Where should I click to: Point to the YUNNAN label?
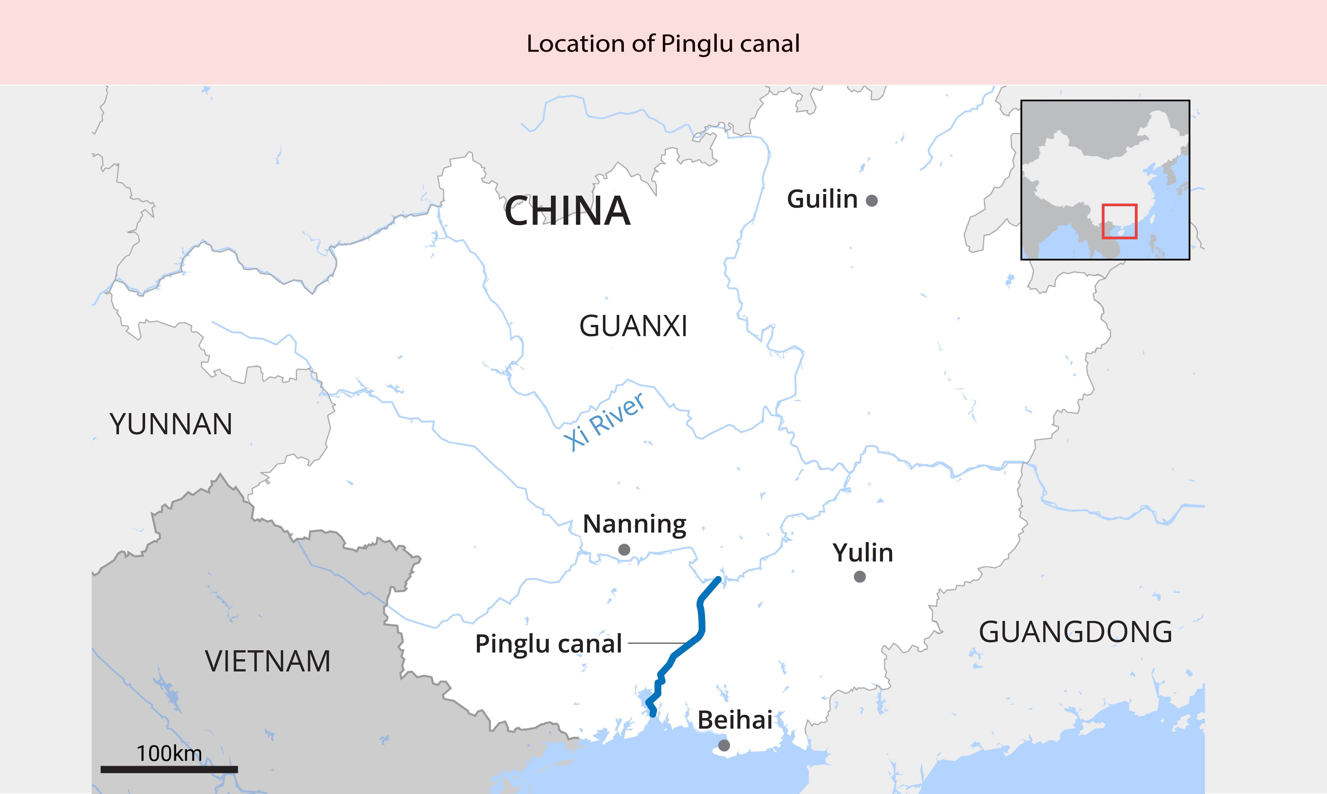(x=171, y=424)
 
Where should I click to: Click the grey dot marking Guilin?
(x=871, y=201)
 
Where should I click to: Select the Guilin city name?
(x=822, y=199)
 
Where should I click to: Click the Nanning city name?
(x=634, y=524)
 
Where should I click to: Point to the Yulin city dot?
(x=860, y=577)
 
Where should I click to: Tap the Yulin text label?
(x=863, y=553)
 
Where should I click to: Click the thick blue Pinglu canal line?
(x=701, y=621)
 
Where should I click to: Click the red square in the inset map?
(x=1119, y=222)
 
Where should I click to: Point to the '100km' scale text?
(x=169, y=753)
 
